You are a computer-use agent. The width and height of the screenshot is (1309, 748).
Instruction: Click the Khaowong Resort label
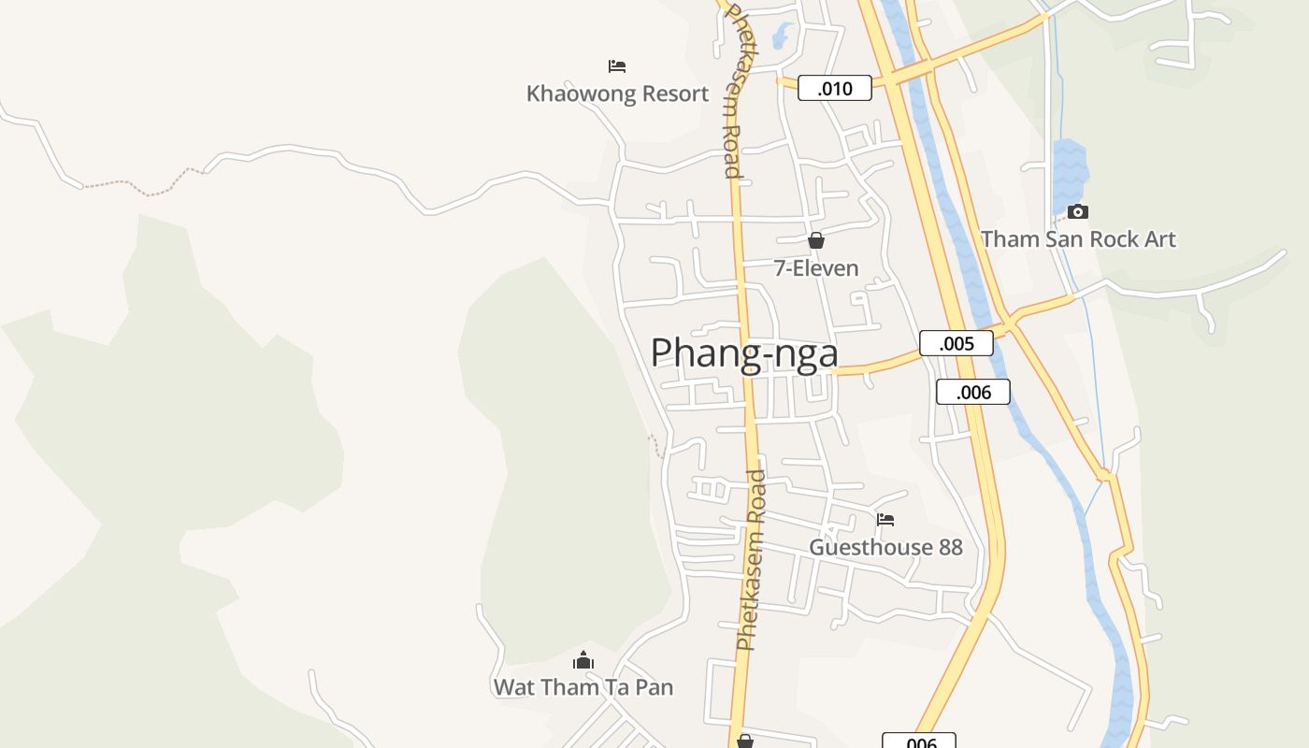617,93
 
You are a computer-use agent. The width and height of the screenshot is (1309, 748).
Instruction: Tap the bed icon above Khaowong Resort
617,65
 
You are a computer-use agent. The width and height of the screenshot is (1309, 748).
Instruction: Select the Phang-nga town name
744,353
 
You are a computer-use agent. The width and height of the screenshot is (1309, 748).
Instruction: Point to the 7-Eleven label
816,268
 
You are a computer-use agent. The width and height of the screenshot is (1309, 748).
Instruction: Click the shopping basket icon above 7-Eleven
816,240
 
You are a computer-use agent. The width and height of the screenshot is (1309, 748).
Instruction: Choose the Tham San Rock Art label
1078,239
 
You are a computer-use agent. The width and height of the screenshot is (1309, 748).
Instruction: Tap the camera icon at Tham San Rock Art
1078,211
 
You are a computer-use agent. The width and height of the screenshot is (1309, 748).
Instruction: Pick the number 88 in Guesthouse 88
950,547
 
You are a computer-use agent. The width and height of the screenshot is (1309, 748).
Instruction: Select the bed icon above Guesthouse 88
885,519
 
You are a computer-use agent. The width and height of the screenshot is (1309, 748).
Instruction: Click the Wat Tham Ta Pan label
583,687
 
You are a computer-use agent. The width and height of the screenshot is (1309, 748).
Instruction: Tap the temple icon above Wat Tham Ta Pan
583,660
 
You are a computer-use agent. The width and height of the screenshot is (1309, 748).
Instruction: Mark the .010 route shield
835,89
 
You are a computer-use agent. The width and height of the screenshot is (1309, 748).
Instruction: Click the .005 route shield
957,343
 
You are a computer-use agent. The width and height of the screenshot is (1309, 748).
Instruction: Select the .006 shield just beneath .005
973,392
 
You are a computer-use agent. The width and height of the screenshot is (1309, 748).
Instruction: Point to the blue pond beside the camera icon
1070,173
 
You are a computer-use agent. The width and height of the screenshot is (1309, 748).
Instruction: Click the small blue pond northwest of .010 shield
782,36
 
